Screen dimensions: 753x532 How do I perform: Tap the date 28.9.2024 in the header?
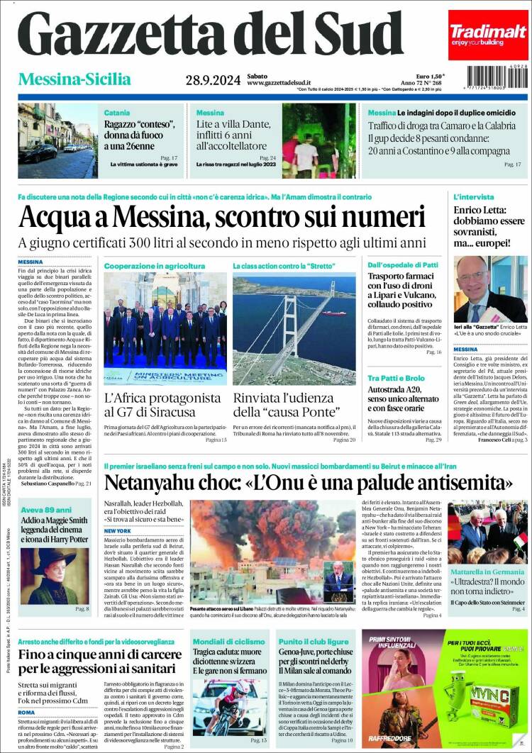pyautogui.click(x=212, y=79)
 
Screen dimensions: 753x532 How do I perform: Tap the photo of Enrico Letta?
pyautogui.click(x=490, y=289)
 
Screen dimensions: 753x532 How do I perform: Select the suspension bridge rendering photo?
pyautogui.click(x=294, y=328)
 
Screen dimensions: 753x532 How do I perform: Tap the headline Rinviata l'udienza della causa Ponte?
pyautogui.click(x=294, y=404)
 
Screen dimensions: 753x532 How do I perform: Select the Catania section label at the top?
pyautogui.click(x=117, y=113)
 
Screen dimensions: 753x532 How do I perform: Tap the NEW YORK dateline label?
pyautogui.click(x=118, y=530)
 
